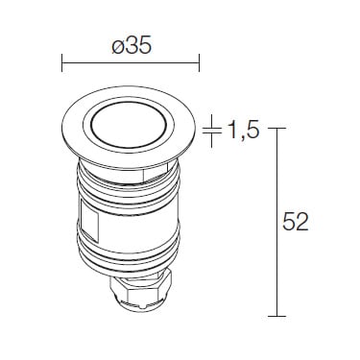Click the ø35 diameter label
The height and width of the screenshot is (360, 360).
(x=132, y=47)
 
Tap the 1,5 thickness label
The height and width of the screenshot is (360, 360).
(x=242, y=131)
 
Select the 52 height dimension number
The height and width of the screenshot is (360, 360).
(x=295, y=221)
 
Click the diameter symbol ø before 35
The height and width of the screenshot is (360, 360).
(x=117, y=48)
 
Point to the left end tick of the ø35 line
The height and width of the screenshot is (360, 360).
(x=61, y=62)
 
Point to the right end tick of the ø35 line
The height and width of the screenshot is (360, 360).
(x=200, y=62)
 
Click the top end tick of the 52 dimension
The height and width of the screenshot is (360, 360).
(x=276, y=128)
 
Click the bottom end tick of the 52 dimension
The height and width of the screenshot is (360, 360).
(x=276, y=316)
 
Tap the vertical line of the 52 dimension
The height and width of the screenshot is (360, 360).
(x=276, y=222)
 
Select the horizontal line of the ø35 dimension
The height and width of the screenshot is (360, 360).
(x=131, y=62)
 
